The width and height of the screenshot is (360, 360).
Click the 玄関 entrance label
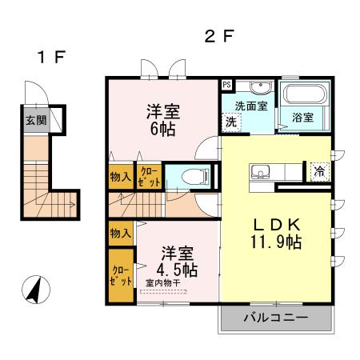click(x=34, y=121)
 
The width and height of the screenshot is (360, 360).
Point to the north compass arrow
click(x=34, y=289)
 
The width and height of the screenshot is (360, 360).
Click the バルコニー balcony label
click(x=275, y=318)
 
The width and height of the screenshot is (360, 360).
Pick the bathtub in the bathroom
click(x=302, y=94)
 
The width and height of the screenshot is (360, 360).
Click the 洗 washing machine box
click(x=230, y=122)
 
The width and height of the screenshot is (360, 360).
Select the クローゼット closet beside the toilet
click(x=149, y=176)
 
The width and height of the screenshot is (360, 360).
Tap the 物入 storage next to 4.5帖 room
click(x=121, y=234)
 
